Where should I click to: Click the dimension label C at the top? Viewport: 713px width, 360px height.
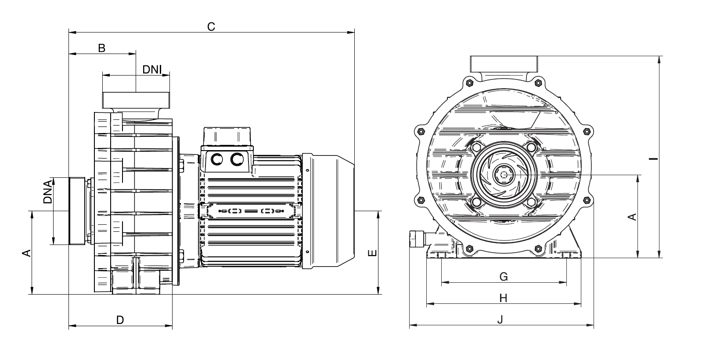tap(211, 27)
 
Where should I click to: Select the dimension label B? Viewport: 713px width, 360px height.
tap(101, 48)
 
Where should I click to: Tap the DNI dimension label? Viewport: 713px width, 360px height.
tap(152, 69)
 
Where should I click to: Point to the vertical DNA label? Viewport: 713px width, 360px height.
tap(48, 192)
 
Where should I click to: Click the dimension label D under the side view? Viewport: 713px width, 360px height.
tap(120, 320)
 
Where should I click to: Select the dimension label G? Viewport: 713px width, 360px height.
tap(504, 277)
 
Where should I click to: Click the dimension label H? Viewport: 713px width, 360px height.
tap(504, 299)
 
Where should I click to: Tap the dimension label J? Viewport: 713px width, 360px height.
tap(500, 320)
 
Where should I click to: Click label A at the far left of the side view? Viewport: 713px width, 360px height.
tap(26, 253)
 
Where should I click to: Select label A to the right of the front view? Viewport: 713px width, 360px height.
tap(632, 217)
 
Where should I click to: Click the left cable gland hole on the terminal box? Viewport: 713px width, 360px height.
tap(217, 159)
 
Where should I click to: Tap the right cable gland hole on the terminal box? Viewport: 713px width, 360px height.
tap(238, 159)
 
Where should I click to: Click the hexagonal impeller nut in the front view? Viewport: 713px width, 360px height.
tap(504, 175)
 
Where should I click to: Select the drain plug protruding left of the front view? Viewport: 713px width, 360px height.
tap(416, 239)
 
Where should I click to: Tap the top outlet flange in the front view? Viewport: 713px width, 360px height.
tap(504, 64)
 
